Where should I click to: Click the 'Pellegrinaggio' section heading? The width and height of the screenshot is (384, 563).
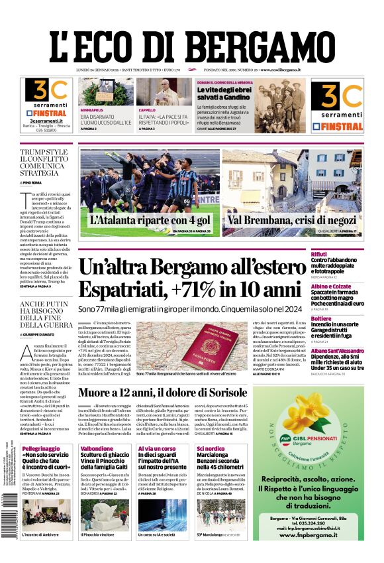pyautogui.click(x=40, y=449)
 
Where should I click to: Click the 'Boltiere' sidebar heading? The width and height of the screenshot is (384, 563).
pyautogui.click(x=340, y=318)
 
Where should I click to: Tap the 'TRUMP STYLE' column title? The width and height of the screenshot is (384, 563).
pyautogui.click(x=44, y=152)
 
